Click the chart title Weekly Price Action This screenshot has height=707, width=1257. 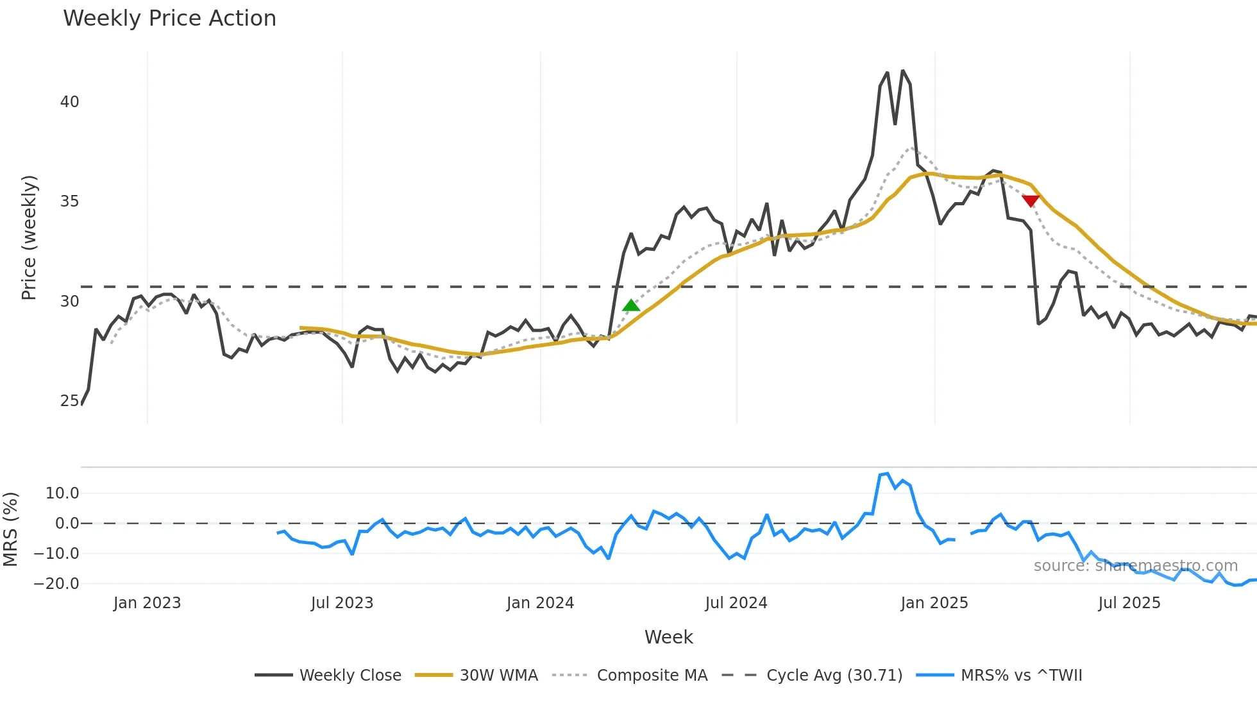pyautogui.click(x=169, y=19)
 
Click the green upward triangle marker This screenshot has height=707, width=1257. pyautogui.click(x=631, y=305)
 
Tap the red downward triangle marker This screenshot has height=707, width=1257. pyautogui.click(x=1030, y=201)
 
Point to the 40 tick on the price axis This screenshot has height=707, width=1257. pyautogui.click(x=69, y=102)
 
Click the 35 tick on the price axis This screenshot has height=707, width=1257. pyautogui.click(x=69, y=201)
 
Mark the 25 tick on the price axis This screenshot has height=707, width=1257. pyautogui.click(x=69, y=401)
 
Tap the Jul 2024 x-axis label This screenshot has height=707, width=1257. pyautogui.click(x=736, y=603)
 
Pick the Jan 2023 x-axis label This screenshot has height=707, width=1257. pyautogui.click(x=147, y=603)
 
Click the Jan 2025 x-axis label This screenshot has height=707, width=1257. pyautogui.click(x=934, y=603)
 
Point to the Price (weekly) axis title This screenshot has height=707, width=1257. pyautogui.click(x=29, y=237)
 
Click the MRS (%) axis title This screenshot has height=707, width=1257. pyautogui.click(x=10, y=529)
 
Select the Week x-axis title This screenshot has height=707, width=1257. pyautogui.click(x=668, y=637)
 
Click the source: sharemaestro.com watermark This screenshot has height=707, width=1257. pyautogui.click(x=1135, y=566)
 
